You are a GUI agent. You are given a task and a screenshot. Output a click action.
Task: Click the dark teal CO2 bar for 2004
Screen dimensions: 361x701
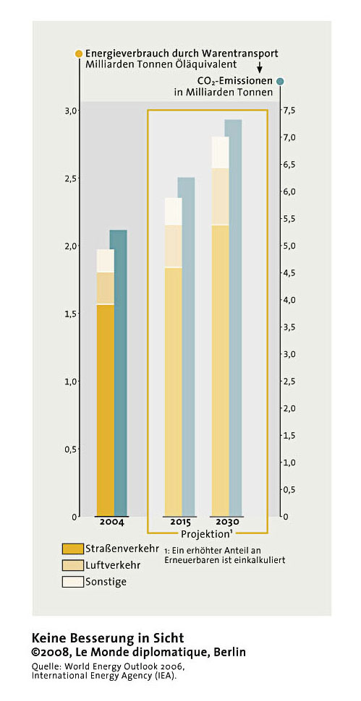pyautogui.click(x=119, y=373)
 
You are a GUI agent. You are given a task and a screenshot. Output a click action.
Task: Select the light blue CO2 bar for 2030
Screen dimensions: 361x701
pyautogui.click(x=233, y=318)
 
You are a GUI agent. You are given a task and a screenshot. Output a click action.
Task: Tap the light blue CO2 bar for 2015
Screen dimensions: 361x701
pyautogui.click(x=186, y=347)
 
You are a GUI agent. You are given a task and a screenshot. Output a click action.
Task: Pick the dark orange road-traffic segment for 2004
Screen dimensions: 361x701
pyautogui.click(x=106, y=410)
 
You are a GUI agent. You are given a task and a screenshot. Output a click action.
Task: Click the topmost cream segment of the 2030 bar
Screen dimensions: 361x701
pyautogui.click(x=220, y=152)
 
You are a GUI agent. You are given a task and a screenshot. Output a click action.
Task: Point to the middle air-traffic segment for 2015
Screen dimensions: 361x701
pyautogui.click(x=173, y=246)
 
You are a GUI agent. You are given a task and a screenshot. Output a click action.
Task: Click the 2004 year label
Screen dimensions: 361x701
pyautogui.click(x=111, y=522)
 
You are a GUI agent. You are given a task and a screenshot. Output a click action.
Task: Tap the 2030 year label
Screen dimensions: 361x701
pyautogui.click(x=227, y=522)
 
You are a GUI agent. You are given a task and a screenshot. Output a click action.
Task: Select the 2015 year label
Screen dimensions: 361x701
pyautogui.click(x=180, y=522)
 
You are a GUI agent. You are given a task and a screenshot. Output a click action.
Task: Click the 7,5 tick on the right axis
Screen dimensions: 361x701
pyautogui.click(x=289, y=111)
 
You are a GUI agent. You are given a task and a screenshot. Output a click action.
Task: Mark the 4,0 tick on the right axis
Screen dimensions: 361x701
pyautogui.click(x=289, y=300)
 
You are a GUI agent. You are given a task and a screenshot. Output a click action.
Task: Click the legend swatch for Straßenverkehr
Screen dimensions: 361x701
pyautogui.click(x=73, y=549)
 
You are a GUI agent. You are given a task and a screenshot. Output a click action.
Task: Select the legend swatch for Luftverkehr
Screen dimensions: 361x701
pyautogui.click(x=73, y=565)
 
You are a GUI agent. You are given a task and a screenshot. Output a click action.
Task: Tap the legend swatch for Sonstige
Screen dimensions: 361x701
pyautogui.click(x=73, y=582)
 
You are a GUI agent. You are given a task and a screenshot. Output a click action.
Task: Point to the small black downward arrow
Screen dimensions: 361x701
pyautogui.click(x=259, y=67)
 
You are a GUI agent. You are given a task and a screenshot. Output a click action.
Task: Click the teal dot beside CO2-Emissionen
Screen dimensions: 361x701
pyautogui.click(x=280, y=81)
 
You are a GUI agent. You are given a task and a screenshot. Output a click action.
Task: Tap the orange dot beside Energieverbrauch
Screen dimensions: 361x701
pyautogui.click(x=79, y=53)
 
